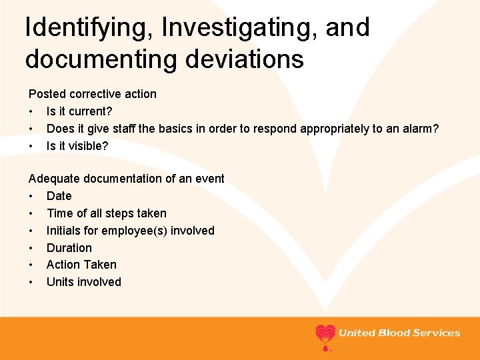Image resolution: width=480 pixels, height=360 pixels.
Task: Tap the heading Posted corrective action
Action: click(92, 94)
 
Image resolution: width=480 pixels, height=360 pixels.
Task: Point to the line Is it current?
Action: click(79, 111)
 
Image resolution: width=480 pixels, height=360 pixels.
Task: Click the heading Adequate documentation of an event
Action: click(126, 179)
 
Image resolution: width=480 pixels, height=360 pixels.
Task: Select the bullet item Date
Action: click(59, 196)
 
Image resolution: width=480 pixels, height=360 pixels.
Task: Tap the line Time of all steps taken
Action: click(106, 213)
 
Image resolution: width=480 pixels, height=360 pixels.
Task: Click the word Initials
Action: click(65, 231)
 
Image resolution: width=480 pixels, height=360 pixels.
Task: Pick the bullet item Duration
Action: click(69, 248)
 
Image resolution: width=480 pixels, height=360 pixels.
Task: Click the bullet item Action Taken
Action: click(81, 265)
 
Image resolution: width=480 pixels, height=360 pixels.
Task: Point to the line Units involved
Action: click(83, 282)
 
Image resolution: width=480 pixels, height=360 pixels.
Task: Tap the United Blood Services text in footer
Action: click(399, 333)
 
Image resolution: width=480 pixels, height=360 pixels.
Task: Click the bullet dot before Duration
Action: click(31, 248)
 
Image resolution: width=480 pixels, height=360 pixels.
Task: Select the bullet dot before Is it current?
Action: click(31, 111)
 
